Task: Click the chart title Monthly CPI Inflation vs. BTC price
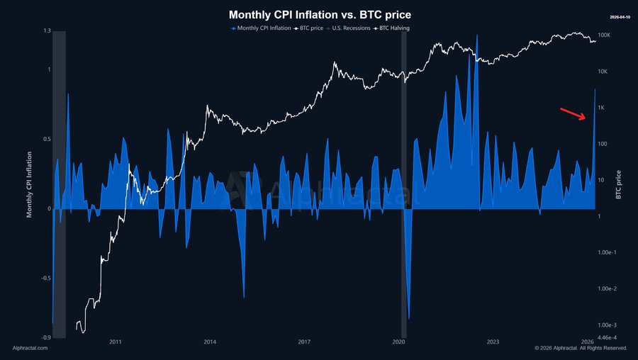point(319,14)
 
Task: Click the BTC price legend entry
point(308,28)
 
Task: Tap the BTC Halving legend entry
point(392,28)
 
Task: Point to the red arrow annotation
point(573,113)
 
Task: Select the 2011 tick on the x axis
point(116,342)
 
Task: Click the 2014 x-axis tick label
point(210,342)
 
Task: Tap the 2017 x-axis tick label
point(304,342)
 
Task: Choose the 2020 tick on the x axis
point(398,342)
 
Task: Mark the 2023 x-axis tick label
point(493,342)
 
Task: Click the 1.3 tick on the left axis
point(47,31)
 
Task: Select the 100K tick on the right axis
point(605,35)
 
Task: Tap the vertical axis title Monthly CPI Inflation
point(30,184)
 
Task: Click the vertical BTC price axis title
point(619,184)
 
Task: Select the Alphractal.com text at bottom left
point(30,348)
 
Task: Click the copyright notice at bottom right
point(581,348)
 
